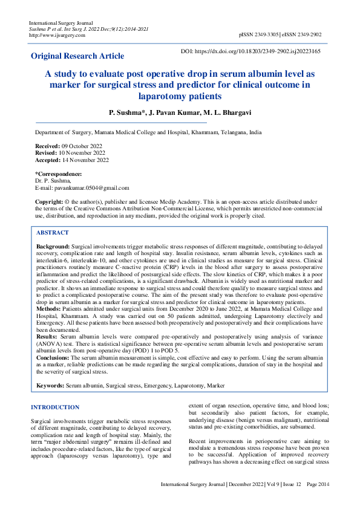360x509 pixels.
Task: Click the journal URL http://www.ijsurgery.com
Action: pyautogui.click(x=57, y=35)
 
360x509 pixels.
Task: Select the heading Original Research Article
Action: pyautogui.click(x=77, y=56)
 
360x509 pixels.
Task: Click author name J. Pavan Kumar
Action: pyautogui.click(x=171, y=113)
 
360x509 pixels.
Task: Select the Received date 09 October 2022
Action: pyautogui.click(x=82, y=146)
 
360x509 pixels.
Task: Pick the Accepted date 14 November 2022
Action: pyautogui.click(x=85, y=160)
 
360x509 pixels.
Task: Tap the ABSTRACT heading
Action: pyautogui.click(x=53, y=233)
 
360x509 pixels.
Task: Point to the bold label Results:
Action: pyautogui.click(x=48, y=336)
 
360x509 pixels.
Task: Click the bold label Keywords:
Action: pyautogui.click(x=51, y=385)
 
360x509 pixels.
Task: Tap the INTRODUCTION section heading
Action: pyautogui.click(x=55, y=407)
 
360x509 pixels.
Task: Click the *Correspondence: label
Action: pyautogui.click(x=59, y=174)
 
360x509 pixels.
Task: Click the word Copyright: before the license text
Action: pyautogui.click(x=49, y=201)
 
